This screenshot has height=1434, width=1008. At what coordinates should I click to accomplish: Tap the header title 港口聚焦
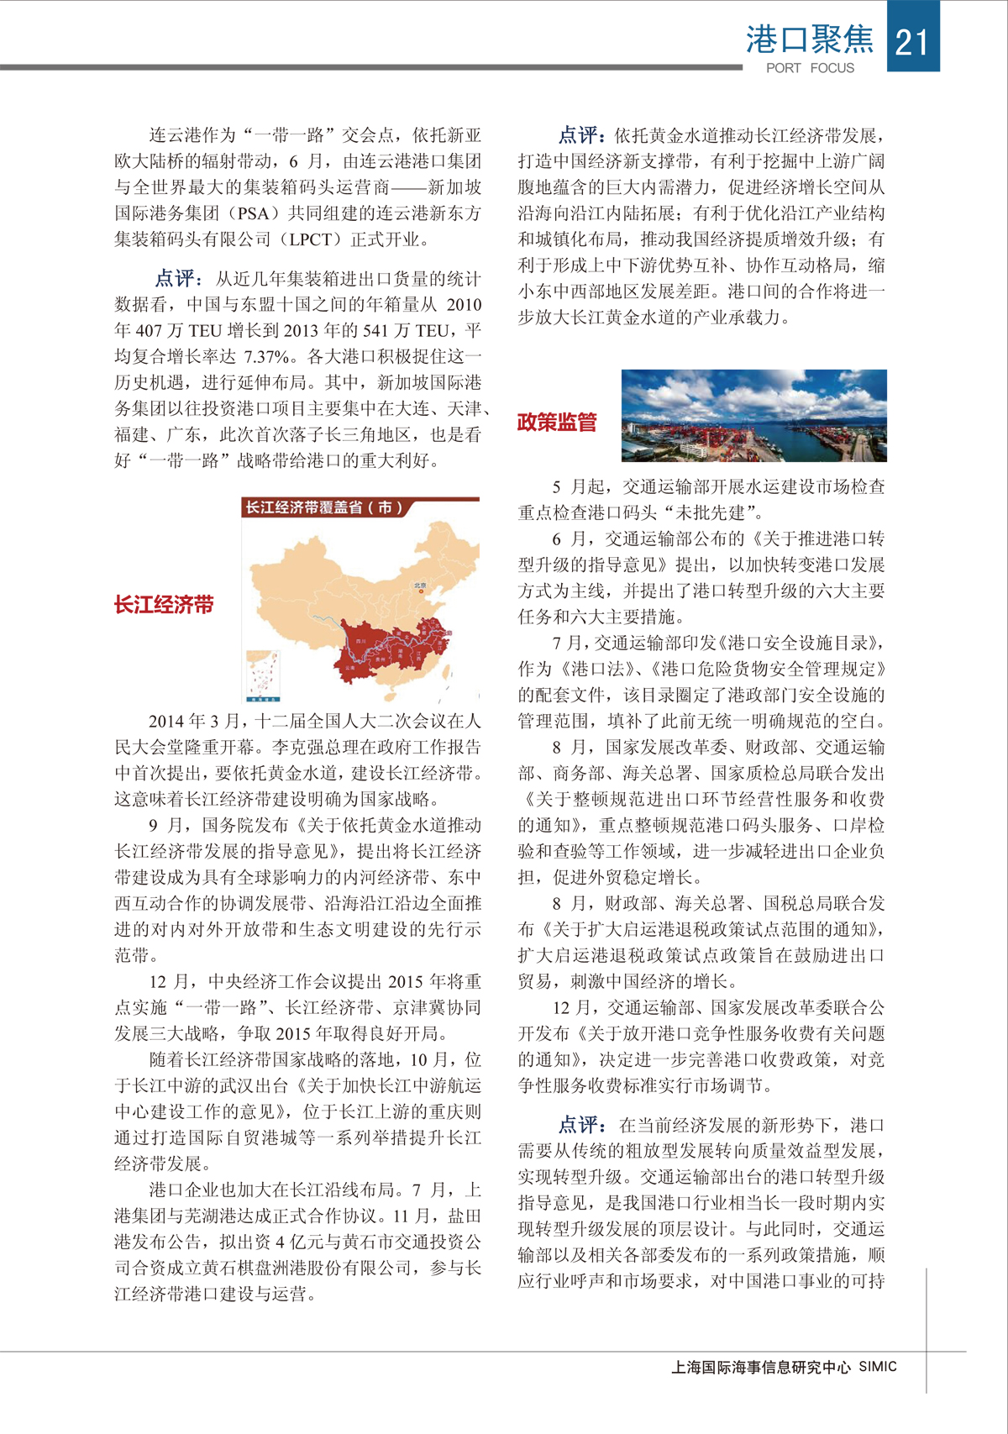coord(810,39)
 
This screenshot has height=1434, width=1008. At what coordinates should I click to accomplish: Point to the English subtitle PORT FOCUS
coord(810,68)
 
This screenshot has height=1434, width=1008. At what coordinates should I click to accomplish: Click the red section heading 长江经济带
coord(164,605)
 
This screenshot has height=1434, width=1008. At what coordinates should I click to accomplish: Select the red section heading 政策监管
coord(557,422)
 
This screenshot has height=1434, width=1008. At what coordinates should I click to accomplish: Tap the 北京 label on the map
coord(420,586)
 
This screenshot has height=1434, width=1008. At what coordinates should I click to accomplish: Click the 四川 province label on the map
coord(360,641)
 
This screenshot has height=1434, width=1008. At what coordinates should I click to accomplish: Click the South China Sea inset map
coord(262,675)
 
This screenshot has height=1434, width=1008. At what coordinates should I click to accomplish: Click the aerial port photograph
coord(753,415)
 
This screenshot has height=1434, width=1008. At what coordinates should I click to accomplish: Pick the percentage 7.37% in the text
coord(266,356)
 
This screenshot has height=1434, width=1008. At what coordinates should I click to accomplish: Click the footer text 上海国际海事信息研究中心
coord(761,1367)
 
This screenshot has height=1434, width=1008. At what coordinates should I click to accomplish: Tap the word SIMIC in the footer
coord(878,1367)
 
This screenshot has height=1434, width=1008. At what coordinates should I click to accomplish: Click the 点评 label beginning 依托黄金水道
coord(579,135)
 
